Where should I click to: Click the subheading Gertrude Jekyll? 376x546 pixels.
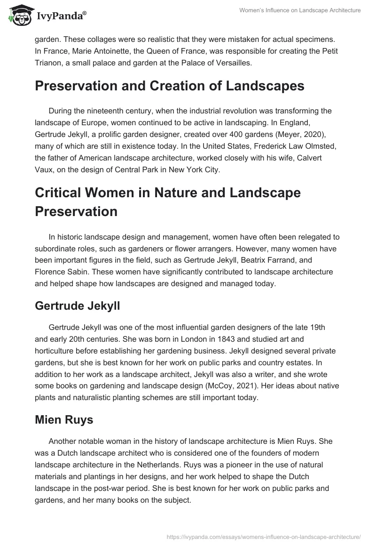click(x=78, y=305)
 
